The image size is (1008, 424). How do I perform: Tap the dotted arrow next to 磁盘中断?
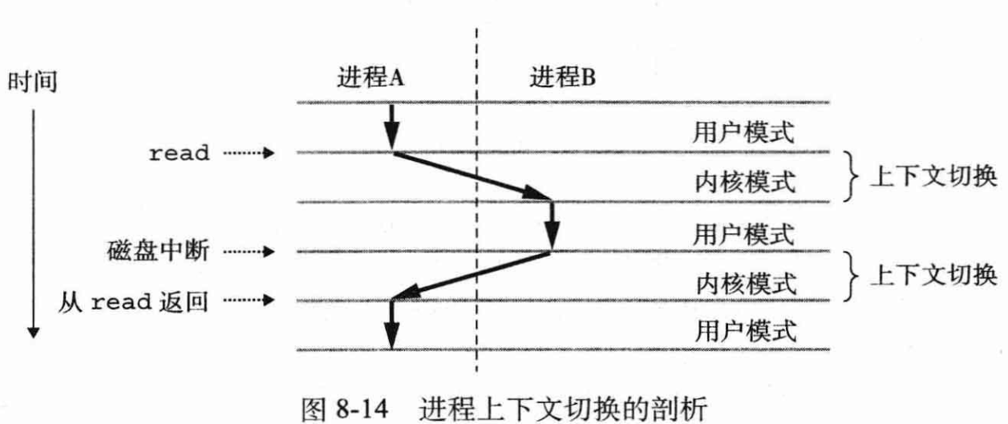pyautogui.click(x=249, y=253)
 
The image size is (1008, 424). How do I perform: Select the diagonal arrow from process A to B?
pyautogui.click(x=472, y=176)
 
